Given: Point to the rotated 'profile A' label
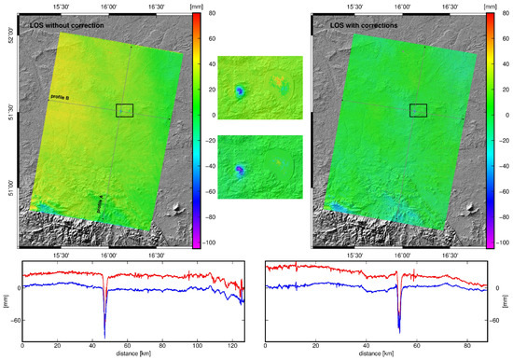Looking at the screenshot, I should point(101,204).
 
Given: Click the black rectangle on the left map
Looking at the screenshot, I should point(124,110).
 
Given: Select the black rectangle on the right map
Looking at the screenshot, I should point(418,110).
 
